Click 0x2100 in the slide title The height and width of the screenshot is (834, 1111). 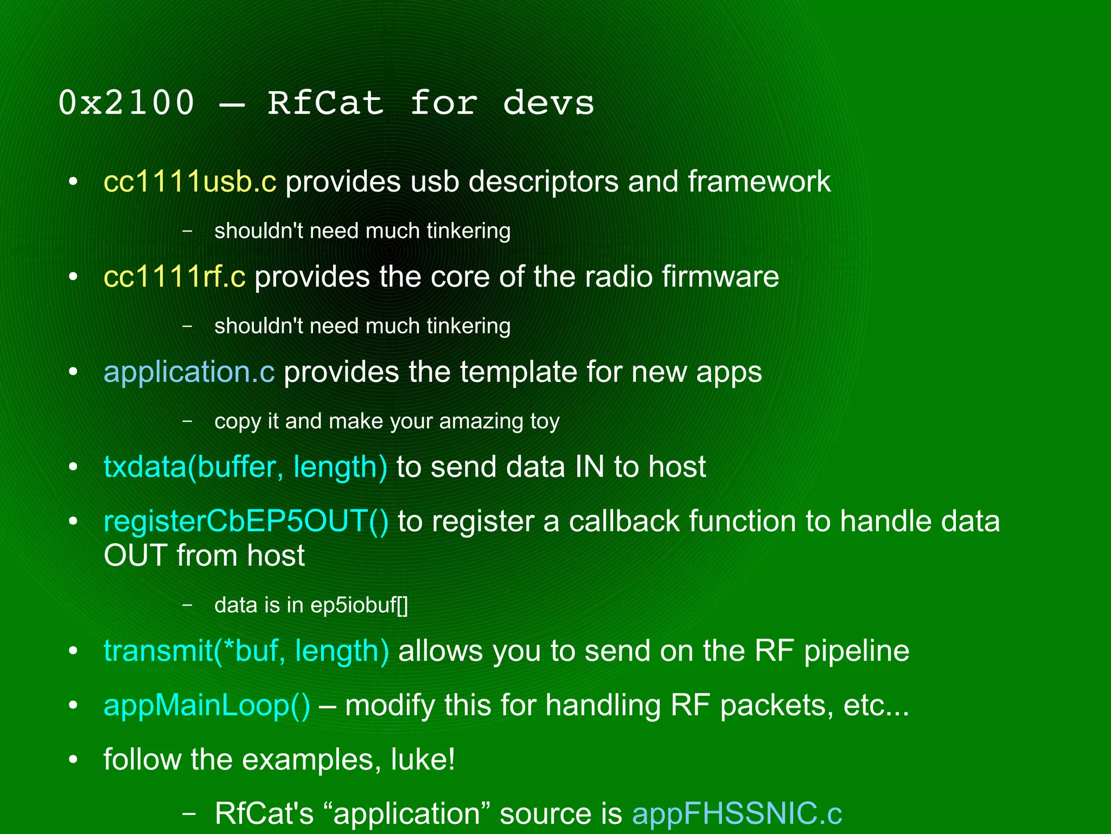[126, 103]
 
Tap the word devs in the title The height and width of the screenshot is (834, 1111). [548, 103]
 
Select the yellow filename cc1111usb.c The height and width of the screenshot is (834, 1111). [190, 181]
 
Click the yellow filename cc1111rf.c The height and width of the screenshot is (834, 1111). [174, 276]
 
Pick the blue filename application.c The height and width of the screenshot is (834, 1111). [189, 372]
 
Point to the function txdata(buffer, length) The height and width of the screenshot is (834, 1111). [245, 467]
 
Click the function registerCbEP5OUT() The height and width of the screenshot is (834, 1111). [246, 521]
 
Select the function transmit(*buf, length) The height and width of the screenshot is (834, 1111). [246, 651]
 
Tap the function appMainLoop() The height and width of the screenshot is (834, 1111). [207, 705]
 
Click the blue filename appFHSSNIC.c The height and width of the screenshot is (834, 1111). [737, 813]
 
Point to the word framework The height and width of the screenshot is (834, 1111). [759, 181]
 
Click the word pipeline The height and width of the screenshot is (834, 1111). [857, 651]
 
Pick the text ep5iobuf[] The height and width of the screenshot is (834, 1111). [359, 605]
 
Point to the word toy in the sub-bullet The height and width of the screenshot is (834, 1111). [545, 421]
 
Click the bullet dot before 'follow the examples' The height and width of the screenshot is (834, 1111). [73, 759]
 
